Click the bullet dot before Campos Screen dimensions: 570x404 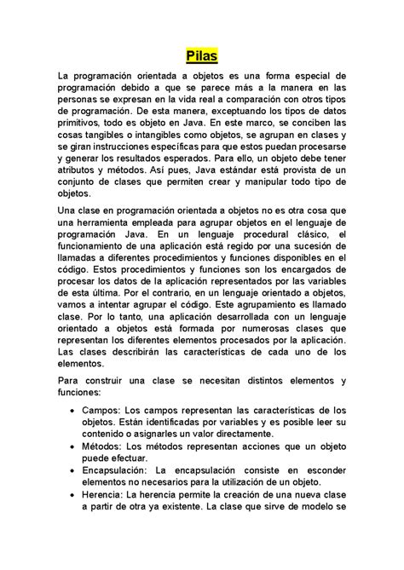pyautogui.click(x=70, y=410)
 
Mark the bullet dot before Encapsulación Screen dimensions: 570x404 pyautogui.click(x=70, y=469)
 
